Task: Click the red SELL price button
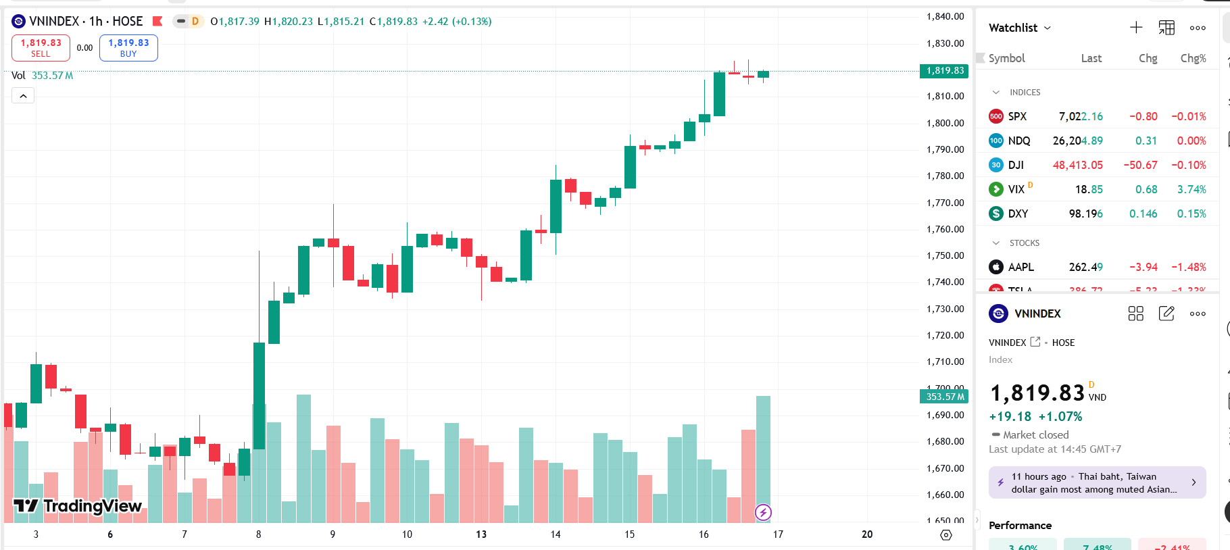(41, 48)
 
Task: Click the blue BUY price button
(128, 48)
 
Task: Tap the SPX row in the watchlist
(1017, 116)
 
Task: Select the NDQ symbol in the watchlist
(1018, 141)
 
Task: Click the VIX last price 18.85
(1089, 189)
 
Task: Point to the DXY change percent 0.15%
(1191, 214)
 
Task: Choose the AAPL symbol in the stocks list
(1020, 267)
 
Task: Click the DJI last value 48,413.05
(1077, 165)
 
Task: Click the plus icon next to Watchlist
(1136, 28)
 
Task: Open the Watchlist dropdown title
(1019, 28)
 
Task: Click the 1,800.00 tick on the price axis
(945, 123)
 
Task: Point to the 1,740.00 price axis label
(945, 282)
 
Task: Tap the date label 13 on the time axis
(481, 534)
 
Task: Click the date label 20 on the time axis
(867, 534)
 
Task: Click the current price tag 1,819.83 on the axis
(945, 71)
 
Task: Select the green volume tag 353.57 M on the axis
(945, 397)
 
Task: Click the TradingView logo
(78, 506)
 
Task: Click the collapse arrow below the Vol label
(23, 96)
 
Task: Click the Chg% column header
(1193, 58)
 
